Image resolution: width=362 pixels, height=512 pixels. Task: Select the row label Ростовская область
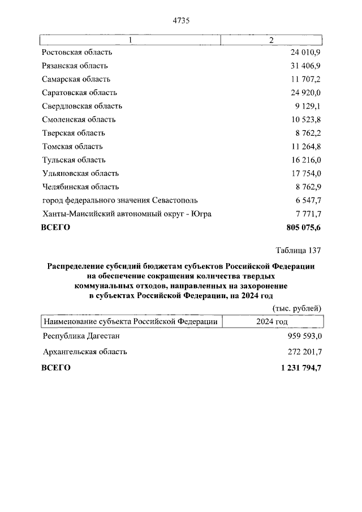[77, 52]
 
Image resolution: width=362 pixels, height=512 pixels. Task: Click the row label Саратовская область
[80, 93]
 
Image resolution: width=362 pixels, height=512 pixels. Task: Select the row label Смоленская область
[79, 119]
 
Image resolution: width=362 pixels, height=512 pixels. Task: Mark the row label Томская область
[72, 147]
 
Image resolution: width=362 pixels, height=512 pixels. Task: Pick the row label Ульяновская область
[80, 174]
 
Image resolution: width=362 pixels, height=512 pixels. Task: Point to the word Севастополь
[175, 200]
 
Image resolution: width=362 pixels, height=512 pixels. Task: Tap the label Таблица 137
[299, 250]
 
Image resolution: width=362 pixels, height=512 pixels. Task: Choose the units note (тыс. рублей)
[297, 308]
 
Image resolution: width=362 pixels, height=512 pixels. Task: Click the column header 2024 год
[272, 321]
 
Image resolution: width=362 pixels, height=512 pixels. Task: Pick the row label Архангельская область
[85, 351]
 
